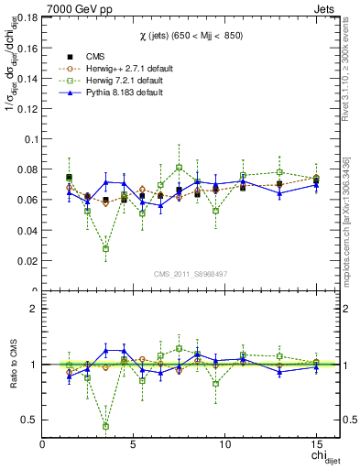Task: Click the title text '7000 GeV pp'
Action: coord(72,9)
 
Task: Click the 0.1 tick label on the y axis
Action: coord(31,140)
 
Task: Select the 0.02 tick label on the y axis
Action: coord(27,261)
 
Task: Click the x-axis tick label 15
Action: coord(316,444)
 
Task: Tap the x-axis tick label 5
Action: coord(134,444)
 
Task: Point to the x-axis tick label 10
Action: coord(224,444)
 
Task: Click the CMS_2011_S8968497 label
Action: coord(191,274)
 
